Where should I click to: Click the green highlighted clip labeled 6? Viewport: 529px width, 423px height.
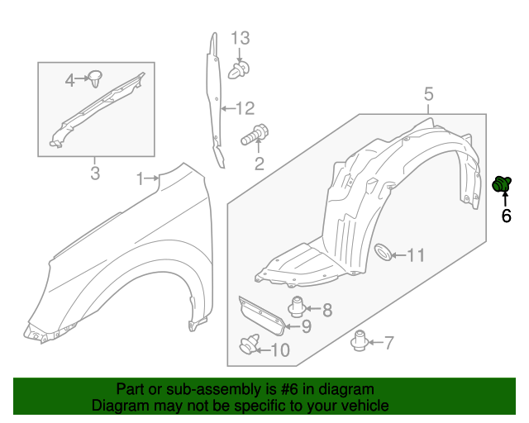point(502,184)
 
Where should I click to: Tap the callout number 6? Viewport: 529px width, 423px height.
point(506,216)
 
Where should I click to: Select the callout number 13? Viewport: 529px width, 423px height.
point(241,38)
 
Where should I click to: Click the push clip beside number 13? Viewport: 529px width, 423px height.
point(239,70)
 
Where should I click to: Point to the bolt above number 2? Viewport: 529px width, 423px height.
point(255,135)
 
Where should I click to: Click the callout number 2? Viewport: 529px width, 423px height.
point(259,164)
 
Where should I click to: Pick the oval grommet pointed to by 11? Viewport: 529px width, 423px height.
point(384,252)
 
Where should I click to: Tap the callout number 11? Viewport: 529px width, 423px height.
point(416,255)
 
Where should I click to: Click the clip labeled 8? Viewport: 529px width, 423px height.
point(297,307)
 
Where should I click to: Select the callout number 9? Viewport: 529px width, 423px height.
point(307,326)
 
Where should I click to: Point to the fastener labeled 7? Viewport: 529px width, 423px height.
point(360,340)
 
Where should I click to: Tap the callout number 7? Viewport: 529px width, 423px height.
point(389,343)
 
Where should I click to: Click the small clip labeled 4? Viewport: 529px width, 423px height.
point(95,79)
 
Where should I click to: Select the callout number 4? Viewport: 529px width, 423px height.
point(69,81)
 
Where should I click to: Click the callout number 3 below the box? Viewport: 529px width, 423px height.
point(95,173)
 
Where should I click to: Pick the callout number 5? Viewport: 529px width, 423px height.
point(428,94)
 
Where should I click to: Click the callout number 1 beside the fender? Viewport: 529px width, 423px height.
point(141,178)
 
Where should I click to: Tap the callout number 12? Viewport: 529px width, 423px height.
point(245,108)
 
